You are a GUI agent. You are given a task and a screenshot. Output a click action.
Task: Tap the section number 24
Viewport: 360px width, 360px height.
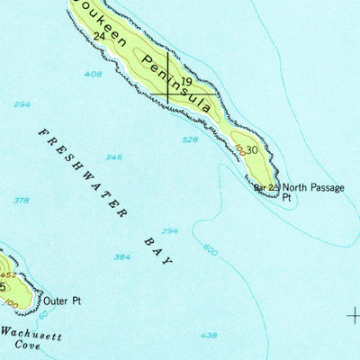tap(99, 35)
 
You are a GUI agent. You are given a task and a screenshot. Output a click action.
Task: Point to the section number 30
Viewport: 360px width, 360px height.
tap(251, 150)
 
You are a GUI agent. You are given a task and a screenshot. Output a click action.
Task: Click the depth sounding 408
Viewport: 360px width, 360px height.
tap(93, 74)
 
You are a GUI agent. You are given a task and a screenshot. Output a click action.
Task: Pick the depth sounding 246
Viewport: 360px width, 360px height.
tap(113, 157)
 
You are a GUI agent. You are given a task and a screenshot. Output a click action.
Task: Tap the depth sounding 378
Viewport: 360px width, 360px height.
tap(22, 200)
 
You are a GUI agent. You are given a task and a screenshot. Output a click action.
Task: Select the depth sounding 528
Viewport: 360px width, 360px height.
tap(189, 139)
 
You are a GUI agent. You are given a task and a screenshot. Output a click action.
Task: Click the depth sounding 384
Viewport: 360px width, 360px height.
tap(121, 256)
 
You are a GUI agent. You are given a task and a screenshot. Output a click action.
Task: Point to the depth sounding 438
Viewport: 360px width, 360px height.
tap(209, 335)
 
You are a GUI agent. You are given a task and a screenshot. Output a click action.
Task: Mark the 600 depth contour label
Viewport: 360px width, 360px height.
tap(210, 249)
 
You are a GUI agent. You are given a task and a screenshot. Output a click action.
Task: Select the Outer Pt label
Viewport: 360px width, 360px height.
tap(62, 301)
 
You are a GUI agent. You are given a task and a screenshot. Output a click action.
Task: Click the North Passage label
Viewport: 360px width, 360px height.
tap(314, 188)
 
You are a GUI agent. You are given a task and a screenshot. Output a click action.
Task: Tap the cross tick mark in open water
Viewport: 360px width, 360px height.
tap(354, 314)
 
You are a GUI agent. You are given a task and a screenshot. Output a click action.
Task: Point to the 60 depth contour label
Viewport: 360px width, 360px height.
tap(42, 314)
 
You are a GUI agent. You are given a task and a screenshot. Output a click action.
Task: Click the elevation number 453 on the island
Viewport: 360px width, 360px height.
tap(8, 274)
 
